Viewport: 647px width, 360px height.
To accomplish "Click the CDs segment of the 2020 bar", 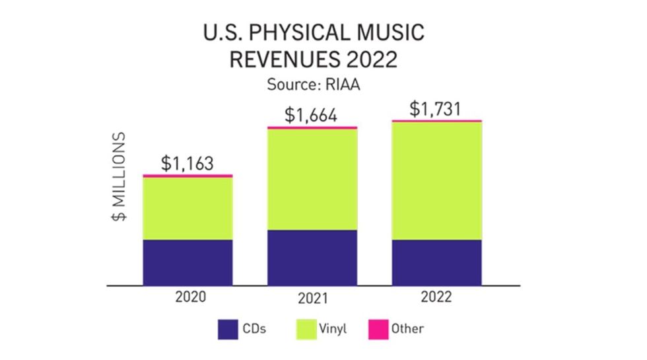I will point(187,262).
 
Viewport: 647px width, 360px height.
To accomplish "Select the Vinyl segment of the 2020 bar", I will point(187,208).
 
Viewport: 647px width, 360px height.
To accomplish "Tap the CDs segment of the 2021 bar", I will point(312,258).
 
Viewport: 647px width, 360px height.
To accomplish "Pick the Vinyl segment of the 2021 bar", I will point(312,179).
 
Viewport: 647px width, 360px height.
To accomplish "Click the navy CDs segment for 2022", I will point(436,262).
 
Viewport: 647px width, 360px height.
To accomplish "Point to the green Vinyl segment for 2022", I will point(436,180).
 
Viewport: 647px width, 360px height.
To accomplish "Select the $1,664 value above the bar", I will point(311,115).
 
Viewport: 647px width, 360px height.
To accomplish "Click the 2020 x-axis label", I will point(190,297).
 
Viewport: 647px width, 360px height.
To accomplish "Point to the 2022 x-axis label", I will point(435,297).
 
